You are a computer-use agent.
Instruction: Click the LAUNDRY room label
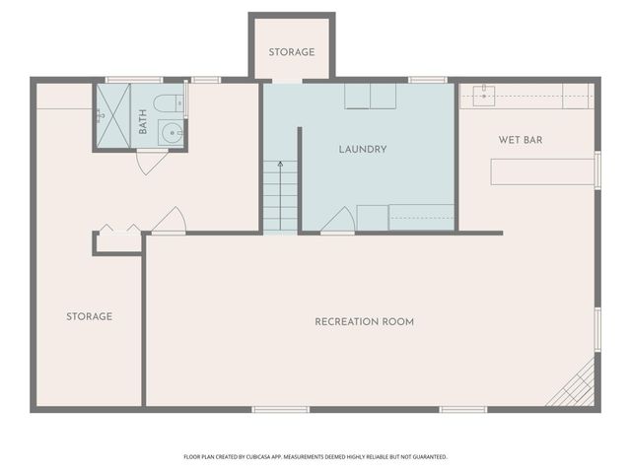(x=362, y=150)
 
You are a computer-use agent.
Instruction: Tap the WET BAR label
(x=520, y=140)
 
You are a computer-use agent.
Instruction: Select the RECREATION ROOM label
(x=364, y=322)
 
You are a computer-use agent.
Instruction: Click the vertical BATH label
(x=143, y=122)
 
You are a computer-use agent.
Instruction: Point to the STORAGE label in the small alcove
(x=291, y=52)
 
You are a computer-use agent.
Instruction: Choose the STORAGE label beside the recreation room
(x=89, y=317)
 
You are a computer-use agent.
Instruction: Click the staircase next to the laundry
(x=280, y=196)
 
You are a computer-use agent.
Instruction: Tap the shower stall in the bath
(x=111, y=115)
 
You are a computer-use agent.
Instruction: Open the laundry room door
(x=337, y=220)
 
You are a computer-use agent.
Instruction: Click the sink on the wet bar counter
(x=483, y=96)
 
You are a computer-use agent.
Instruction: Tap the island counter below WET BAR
(x=542, y=171)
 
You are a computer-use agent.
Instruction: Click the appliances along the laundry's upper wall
(x=370, y=96)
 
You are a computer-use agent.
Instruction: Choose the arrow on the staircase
(x=280, y=165)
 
